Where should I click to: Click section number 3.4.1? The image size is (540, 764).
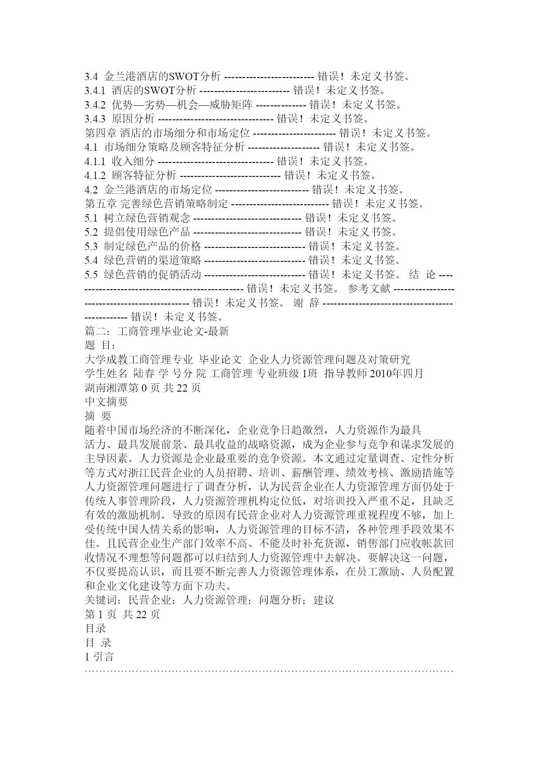(x=95, y=91)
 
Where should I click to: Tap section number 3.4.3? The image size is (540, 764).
(x=95, y=118)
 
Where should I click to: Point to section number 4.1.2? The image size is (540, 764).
(x=95, y=176)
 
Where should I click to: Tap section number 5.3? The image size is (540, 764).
(x=91, y=247)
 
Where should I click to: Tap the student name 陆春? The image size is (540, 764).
(x=144, y=374)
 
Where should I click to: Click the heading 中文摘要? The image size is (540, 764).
(x=106, y=402)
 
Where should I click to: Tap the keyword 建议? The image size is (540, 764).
(x=324, y=600)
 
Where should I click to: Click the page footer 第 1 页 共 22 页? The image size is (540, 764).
(x=123, y=614)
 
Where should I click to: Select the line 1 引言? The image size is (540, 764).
(x=99, y=657)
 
